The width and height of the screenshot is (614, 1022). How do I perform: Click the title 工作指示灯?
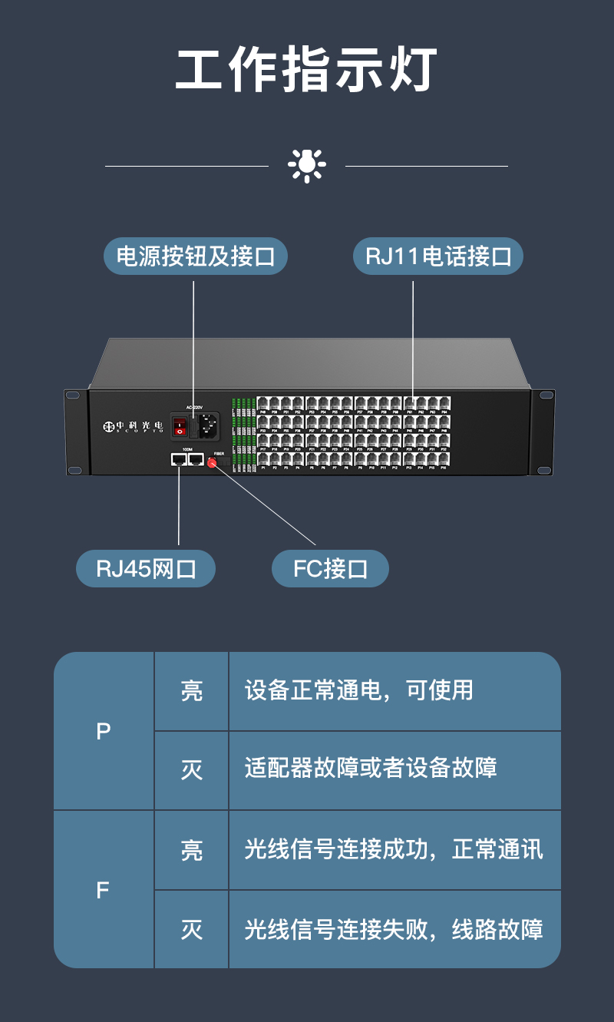coord(306,71)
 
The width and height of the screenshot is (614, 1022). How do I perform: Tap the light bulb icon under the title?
coord(307,165)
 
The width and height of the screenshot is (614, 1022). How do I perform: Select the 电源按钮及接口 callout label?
coord(195,256)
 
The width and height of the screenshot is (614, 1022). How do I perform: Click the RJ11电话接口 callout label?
coord(437,256)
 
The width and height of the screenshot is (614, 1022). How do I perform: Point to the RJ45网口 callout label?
coord(146,570)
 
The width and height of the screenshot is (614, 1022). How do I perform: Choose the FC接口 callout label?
coord(330,570)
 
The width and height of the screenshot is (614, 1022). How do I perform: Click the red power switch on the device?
coord(180,425)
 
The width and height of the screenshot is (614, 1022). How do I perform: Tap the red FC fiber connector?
coord(212,462)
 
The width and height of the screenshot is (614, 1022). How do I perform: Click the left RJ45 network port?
coord(179,459)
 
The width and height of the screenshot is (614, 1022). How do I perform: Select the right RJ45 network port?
coord(196,459)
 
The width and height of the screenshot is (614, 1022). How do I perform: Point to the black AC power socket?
coord(207,425)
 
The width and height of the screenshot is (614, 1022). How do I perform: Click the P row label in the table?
coord(104,732)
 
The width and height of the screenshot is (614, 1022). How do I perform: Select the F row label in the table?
coord(104,890)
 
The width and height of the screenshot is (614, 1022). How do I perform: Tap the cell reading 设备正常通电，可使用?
coord(359,690)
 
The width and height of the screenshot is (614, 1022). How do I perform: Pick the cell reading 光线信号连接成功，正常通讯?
coord(394,849)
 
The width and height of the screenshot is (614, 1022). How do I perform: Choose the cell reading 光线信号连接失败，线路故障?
coord(394,930)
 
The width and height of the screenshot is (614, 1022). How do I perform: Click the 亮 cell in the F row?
coord(192,851)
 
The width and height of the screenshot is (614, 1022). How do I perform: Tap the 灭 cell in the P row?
coord(192,770)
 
